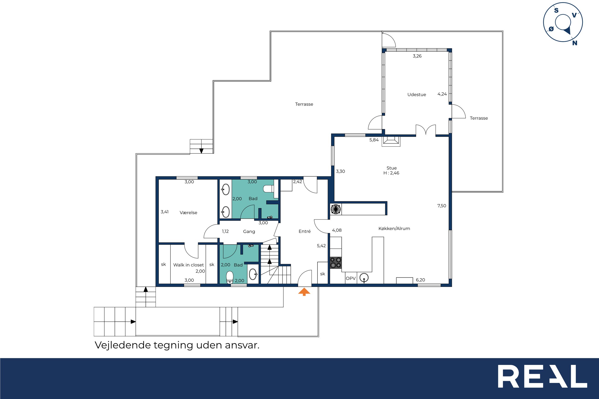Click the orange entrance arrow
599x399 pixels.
[x=304, y=292]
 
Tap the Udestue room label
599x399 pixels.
[x=417, y=95]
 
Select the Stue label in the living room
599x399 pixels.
[x=391, y=168]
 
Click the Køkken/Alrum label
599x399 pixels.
[x=394, y=228]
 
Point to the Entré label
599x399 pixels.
[x=305, y=231]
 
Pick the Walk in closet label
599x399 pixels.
[x=188, y=265]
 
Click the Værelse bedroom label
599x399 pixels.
[x=188, y=213]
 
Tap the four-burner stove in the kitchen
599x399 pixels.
[x=336, y=263]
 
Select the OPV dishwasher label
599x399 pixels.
[x=351, y=278]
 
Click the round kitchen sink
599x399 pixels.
[x=364, y=278]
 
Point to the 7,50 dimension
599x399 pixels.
[x=442, y=206]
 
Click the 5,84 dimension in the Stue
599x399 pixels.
[x=374, y=140]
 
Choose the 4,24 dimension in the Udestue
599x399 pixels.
[x=442, y=94]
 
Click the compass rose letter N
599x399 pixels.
[x=575, y=43]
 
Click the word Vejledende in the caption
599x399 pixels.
[x=123, y=345]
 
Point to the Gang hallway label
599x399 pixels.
[x=249, y=232]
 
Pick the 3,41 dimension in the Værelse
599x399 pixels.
[x=164, y=212]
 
